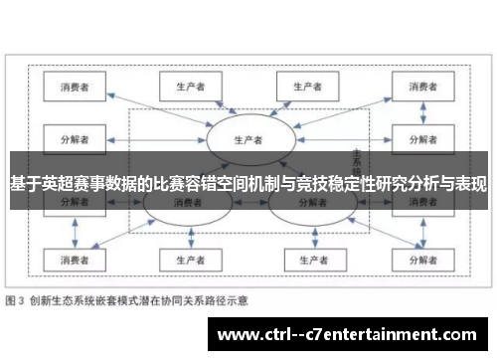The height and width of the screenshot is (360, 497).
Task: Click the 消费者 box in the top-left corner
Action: (75, 86)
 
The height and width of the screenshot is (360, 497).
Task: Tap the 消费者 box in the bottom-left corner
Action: (75, 261)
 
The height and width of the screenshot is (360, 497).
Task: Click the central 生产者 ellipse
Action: (248, 140)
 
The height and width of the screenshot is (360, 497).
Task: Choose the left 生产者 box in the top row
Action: (189, 86)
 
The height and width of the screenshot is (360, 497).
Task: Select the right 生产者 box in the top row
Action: (307, 86)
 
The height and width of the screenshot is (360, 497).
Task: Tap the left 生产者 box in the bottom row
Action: (189, 261)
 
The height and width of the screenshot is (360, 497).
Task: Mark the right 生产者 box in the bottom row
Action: (307, 261)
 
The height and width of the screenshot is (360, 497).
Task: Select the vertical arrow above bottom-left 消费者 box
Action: (75, 234)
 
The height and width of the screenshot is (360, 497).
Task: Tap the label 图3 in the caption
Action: (15, 299)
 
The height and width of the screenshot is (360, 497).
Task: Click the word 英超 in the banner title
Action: (53, 183)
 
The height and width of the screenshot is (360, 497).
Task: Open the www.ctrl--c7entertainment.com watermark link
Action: (352, 333)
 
